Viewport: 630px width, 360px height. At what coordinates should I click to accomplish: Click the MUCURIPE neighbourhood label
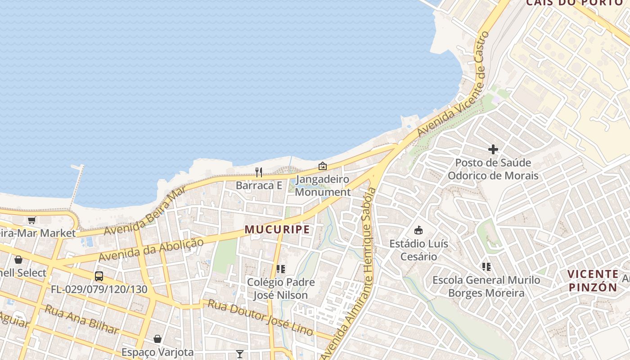(277, 229)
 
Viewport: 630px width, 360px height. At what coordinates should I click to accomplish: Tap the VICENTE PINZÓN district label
(593, 281)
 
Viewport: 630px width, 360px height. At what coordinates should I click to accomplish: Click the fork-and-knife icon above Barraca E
(259, 172)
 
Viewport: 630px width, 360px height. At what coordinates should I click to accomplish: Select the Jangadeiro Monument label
(323, 185)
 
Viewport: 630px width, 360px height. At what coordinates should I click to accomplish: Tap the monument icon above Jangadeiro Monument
(323, 166)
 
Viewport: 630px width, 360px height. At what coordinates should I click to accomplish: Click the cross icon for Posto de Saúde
(493, 149)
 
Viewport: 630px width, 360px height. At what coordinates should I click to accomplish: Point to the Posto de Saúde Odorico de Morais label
(493, 169)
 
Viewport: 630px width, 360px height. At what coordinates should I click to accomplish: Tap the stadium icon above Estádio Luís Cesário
(418, 230)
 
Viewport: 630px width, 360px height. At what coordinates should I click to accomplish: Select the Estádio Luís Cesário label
(418, 250)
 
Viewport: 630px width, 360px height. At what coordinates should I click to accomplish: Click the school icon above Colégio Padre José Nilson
(281, 269)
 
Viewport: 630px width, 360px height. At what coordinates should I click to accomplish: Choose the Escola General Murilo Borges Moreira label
(486, 287)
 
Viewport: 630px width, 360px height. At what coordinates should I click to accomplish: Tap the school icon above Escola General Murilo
(486, 267)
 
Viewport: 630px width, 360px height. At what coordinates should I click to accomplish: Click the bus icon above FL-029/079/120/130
(99, 276)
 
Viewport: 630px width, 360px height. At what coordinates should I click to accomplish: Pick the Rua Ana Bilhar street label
(82, 320)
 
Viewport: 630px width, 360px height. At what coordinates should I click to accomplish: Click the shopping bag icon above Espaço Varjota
(157, 339)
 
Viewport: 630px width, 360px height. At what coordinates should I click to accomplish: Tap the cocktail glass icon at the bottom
(240, 354)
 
